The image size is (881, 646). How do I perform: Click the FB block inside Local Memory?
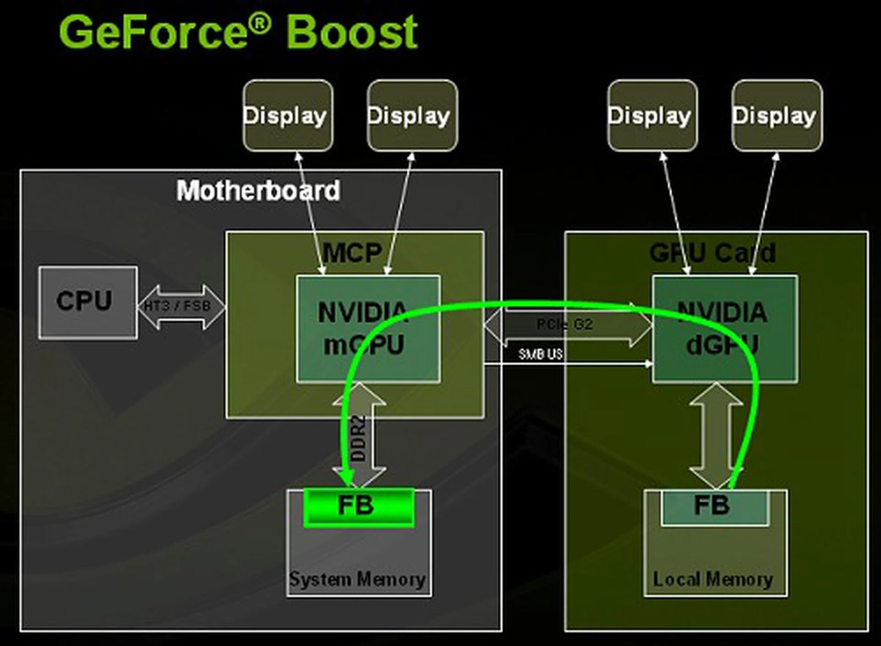click(715, 507)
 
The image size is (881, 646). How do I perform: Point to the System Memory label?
click(357, 579)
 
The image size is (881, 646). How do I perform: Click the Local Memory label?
click(713, 579)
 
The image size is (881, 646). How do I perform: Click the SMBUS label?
click(541, 354)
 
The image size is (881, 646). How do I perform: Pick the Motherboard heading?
click(258, 191)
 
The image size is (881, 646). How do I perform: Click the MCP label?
click(352, 253)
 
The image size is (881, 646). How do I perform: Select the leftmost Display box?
click(288, 116)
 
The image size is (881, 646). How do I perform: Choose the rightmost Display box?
click(777, 116)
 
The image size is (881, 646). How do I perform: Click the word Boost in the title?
click(351, 32)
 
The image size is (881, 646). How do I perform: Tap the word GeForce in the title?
click(154, 32)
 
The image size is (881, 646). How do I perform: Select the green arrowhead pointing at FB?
click(346, 477)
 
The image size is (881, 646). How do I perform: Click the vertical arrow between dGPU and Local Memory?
click(715, 436)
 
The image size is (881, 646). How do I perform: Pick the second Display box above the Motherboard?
click(412, 116)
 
